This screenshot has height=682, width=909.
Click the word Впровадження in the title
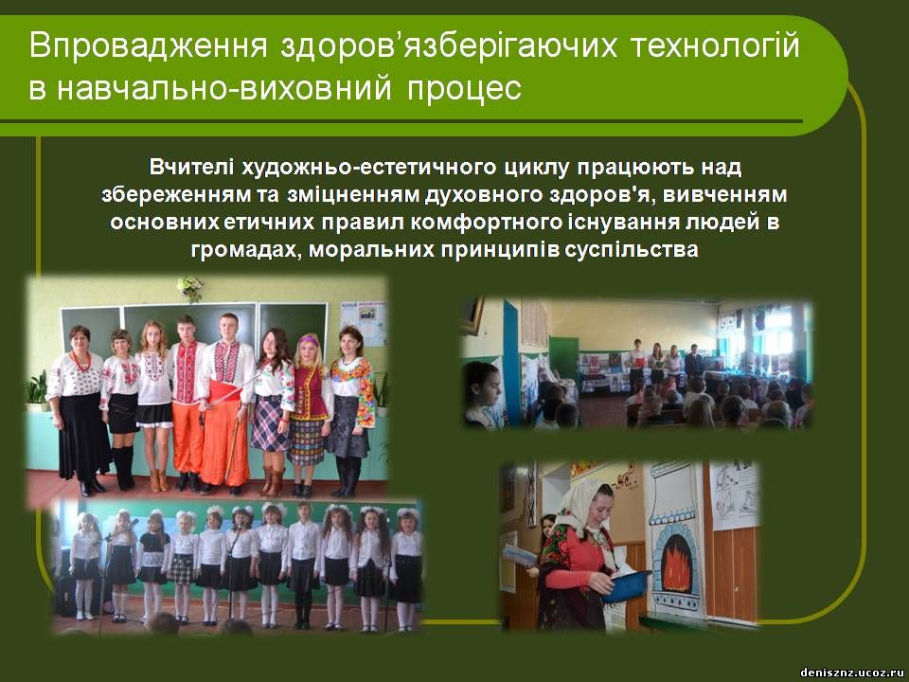tap(148, 45)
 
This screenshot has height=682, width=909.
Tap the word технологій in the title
tap(716, 45)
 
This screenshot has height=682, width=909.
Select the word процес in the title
tap(464, 88)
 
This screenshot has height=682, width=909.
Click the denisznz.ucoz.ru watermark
tap(852, 673)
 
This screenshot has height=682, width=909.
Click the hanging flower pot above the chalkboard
tap(190, 288)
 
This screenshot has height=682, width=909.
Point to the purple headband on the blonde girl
tap(308, 340)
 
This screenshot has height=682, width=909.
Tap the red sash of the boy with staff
tap(225, 391)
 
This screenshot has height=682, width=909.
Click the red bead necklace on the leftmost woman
tap(80, 361)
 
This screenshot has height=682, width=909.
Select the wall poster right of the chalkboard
tap(363, 323)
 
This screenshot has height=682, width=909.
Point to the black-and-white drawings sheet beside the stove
tap(734, 495)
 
